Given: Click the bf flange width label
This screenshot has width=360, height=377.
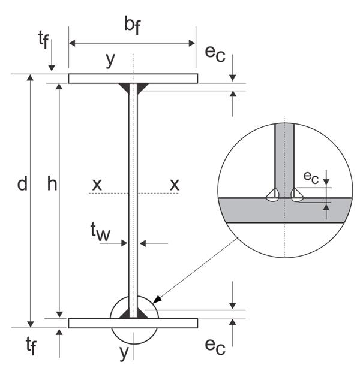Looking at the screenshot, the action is [133, 25].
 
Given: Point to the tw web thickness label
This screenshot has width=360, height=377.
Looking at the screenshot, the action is [100, 231].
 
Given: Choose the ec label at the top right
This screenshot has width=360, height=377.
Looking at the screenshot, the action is [215, 53].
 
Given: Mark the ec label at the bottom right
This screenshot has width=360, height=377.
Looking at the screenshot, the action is [215, 346].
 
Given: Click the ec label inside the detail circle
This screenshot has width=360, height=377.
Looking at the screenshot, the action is [311, 177].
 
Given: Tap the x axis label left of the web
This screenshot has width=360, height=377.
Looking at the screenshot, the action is [97, 185].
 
